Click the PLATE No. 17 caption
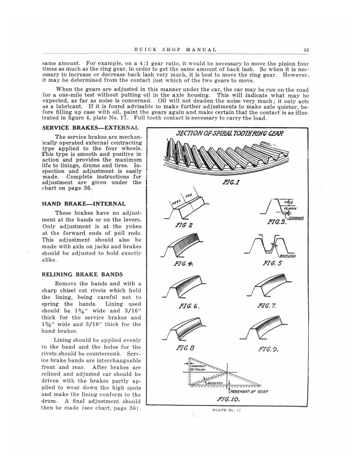pyautogui.click(x=226, y=417)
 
